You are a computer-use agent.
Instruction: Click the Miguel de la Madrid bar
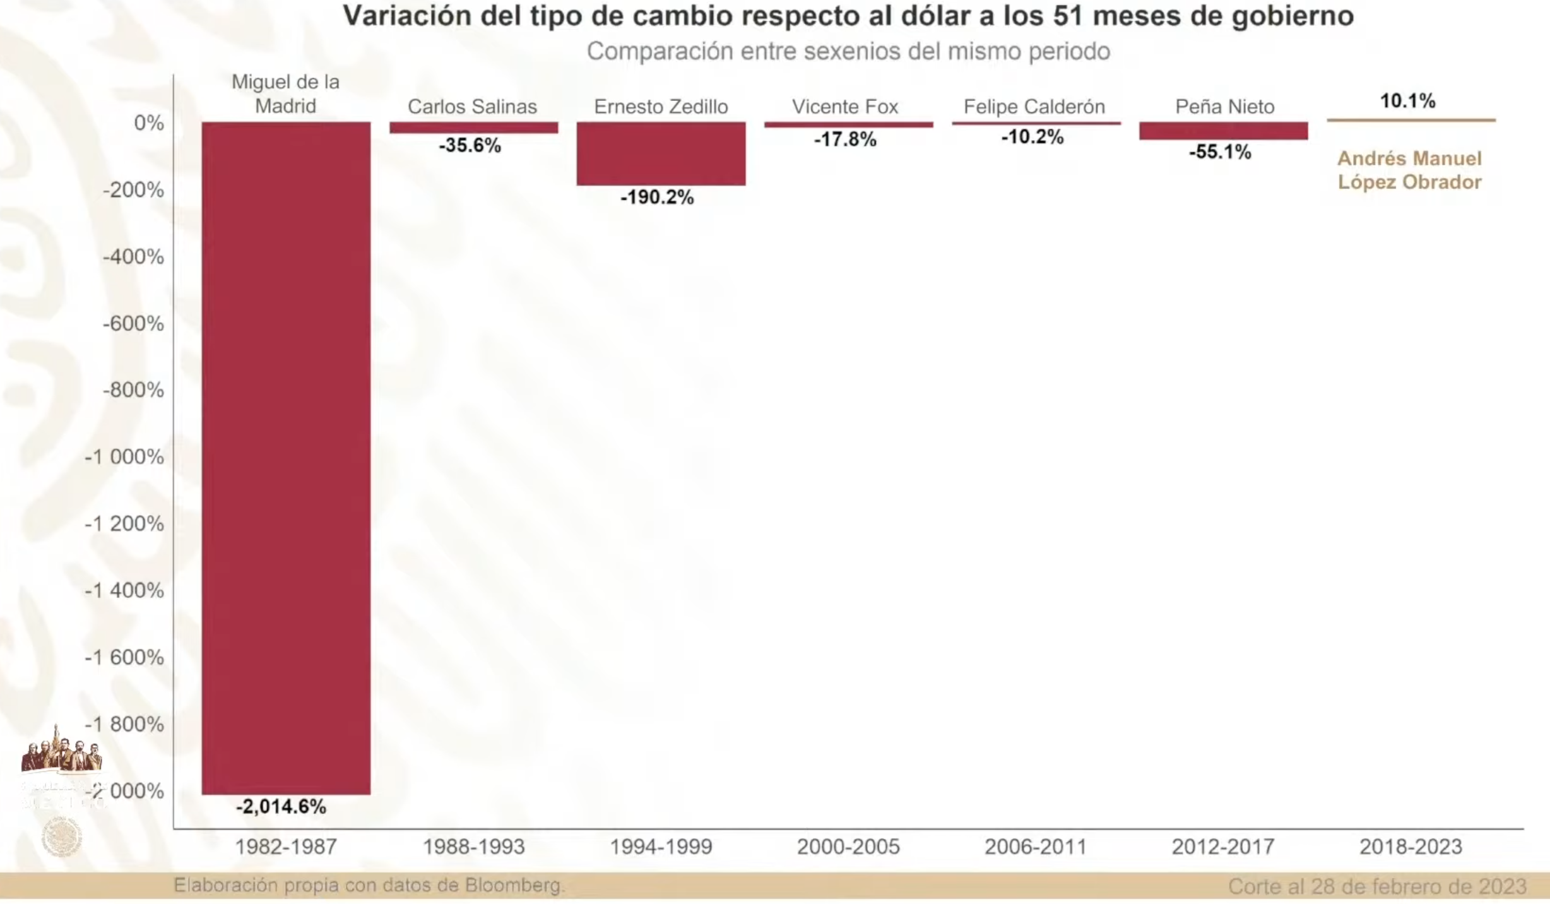(286, 458)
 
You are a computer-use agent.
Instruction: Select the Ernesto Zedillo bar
(661, 153)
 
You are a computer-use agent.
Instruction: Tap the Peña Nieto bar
(1223, 131)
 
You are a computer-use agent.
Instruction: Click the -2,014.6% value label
(281, 806)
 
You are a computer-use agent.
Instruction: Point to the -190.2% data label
(657, 198)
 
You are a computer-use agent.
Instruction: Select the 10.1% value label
(1407, 100)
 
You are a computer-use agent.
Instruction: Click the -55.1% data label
(1220, 152)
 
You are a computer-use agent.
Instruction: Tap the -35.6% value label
(470, 145)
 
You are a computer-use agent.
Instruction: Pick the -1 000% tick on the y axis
(124, 456)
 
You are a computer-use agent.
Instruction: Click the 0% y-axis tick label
(149, 122)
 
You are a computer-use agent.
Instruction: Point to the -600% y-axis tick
(133, 323)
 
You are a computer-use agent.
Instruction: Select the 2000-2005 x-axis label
(848, 847)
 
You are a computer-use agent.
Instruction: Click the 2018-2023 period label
(1411, 847)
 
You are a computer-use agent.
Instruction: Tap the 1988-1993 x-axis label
(473, 847)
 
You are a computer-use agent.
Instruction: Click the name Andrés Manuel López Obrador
(1409, 170)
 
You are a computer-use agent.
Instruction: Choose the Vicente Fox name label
(845, 107)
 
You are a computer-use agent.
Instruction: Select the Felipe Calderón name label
(1034, 107)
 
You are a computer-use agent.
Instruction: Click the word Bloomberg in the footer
(514, 885)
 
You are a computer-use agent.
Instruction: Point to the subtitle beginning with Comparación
(848, 51)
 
